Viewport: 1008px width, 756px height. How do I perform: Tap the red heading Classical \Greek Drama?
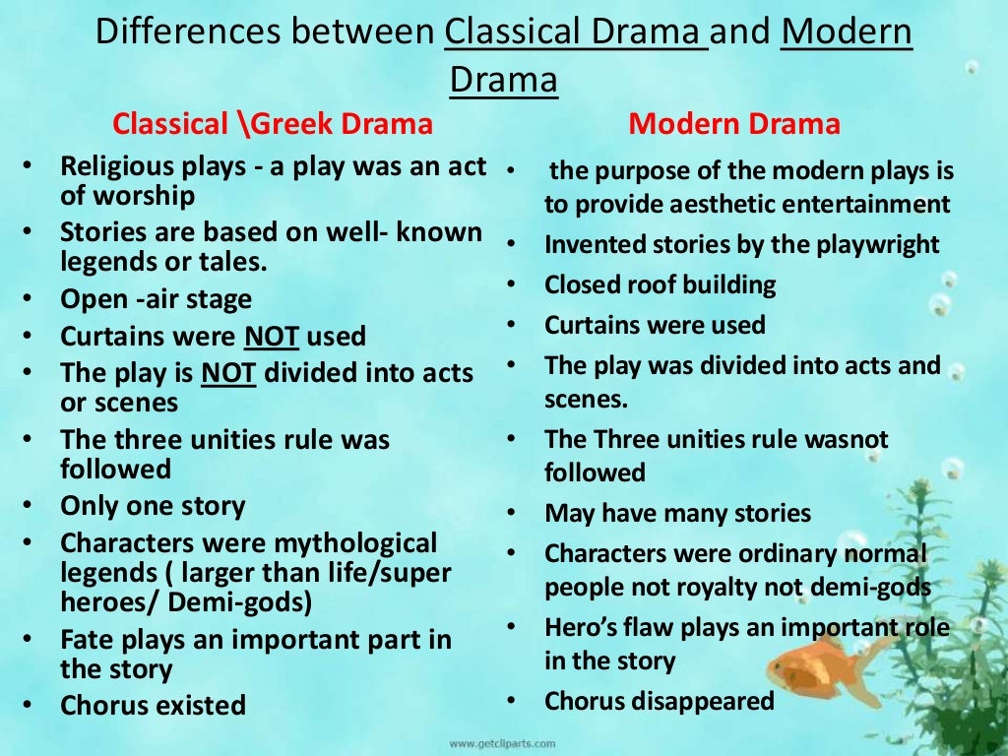click(x=273, y=124)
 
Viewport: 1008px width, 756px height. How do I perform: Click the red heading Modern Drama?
click(x=734, y=124)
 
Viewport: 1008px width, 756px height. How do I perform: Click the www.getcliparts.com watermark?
click(x=503, y=743)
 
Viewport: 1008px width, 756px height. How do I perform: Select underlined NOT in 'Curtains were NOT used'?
click(x=272, y=337)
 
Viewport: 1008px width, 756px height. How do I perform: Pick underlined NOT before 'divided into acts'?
click(x=228, y=374)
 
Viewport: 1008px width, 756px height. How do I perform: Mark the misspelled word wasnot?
click(x=842, y=439)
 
